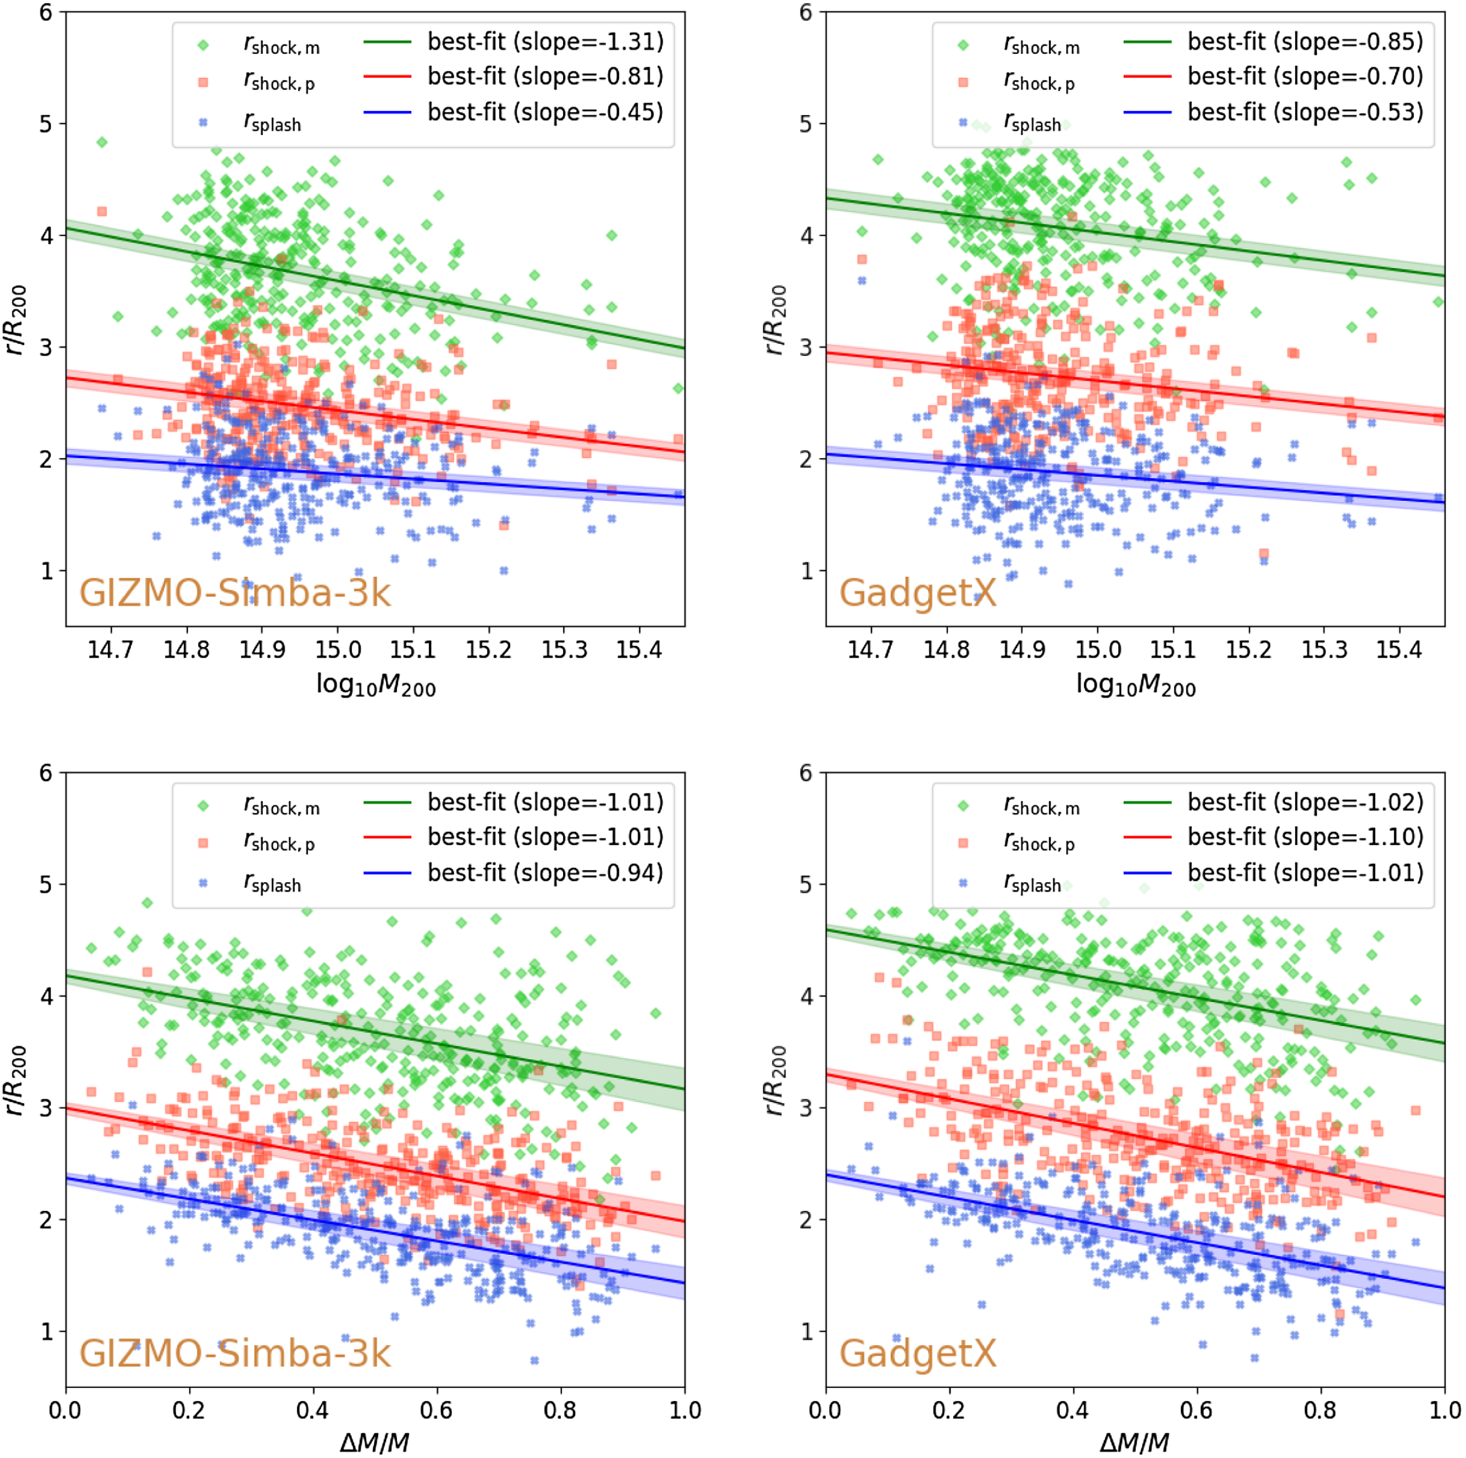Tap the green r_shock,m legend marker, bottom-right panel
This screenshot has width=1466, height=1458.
click(963, 806)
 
